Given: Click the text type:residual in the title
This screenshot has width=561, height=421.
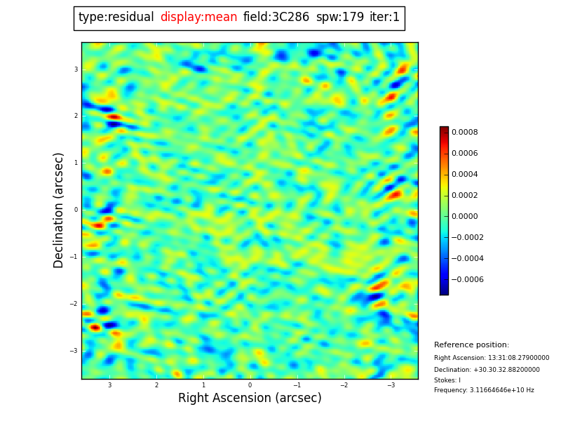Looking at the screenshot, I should [x=116, y=18].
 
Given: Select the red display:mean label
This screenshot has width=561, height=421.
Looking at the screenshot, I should [x=198, y=18].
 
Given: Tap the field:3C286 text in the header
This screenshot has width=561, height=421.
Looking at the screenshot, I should [x=276, y=18].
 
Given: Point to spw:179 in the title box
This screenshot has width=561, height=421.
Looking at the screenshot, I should [x=340, y=18].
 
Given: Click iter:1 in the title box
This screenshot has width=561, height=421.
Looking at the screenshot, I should [x=384, y=18].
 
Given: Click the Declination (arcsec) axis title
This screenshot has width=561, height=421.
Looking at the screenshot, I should [x=59, y=210].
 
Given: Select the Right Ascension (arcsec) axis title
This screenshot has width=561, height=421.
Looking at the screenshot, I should [x=250, y=399].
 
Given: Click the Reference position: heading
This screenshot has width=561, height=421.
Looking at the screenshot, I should [x=471, y=345].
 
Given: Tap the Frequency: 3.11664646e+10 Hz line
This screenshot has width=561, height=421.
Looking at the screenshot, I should [x=484, y=390].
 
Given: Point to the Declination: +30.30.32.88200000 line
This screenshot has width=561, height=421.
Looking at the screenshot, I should [x=487, y=370].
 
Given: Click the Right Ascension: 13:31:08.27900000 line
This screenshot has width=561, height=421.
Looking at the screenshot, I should [x=492, y=358].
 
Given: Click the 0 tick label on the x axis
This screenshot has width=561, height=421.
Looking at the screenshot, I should [x=250, y=385].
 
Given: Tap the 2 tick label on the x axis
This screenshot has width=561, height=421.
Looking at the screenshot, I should [x=156, y=385].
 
